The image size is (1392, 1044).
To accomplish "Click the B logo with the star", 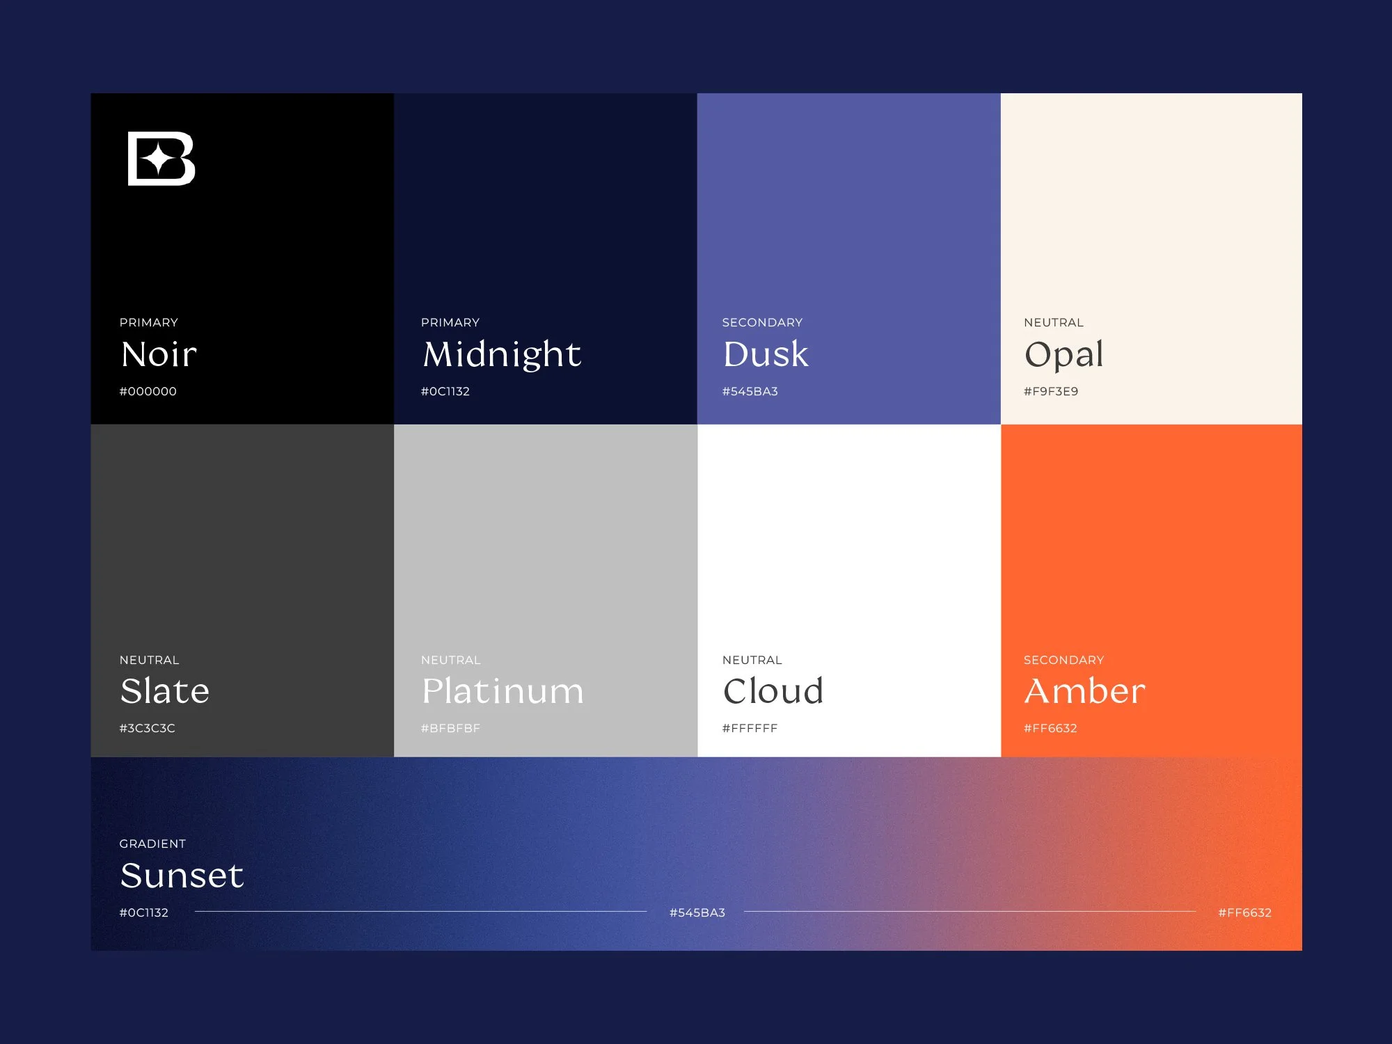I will coord(161,159).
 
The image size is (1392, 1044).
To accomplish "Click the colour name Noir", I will coord(159,354).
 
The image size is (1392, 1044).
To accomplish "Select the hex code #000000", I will coord(148,391).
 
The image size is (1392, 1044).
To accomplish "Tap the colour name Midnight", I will coord(501,354).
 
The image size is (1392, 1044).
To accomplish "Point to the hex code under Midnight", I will coord(445,391).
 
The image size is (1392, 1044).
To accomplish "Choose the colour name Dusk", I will coord(765,354).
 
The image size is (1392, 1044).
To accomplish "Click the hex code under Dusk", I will coord(750,391).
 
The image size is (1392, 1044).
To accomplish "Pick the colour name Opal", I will coord(1063,355).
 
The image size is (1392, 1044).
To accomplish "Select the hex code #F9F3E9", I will coord(1050,391).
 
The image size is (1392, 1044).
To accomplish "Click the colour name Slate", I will coord(164,690).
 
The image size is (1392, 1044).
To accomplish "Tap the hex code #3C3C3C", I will coord(147,728).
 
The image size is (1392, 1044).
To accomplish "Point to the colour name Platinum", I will coord(503,691).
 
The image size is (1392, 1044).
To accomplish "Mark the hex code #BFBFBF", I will coord(450,728).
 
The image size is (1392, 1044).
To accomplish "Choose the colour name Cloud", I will coord(773,690).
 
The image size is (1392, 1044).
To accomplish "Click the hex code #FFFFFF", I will coord(750,728).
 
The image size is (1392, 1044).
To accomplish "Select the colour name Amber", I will coord(1084,690).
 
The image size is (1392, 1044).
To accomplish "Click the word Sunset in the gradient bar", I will coord(182,875).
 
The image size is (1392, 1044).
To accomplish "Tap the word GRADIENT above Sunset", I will coord(152,844).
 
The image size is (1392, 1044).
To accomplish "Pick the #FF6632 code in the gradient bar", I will coord(1244,912).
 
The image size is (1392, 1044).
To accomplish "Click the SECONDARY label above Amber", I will coord(1063,660).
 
